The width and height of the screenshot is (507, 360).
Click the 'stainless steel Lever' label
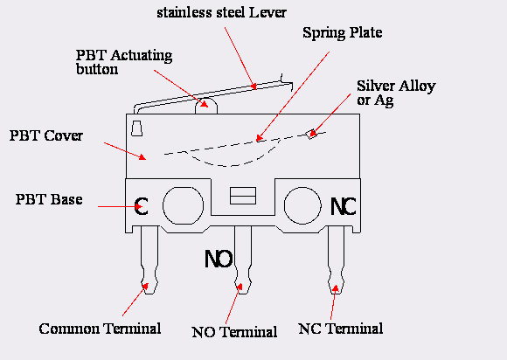221,12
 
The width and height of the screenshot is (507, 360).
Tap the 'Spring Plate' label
343,32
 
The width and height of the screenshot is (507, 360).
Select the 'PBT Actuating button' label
124,62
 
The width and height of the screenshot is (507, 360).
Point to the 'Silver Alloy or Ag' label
396,93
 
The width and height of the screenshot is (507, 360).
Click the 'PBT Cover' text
46,135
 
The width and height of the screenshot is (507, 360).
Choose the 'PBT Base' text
49,199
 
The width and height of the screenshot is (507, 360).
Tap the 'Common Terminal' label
100,329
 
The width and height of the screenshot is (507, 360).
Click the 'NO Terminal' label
234,332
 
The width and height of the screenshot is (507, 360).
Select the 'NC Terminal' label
341,329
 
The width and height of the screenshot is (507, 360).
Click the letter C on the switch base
141,206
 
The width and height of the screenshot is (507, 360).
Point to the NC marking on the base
343,206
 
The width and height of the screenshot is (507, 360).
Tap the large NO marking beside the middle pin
219,259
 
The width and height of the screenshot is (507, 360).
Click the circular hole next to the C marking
183,205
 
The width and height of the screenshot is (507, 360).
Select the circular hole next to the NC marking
302,205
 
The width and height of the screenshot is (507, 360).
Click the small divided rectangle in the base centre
243,196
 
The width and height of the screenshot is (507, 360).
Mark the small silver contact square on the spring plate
312,134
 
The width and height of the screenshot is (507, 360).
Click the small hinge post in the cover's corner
136,128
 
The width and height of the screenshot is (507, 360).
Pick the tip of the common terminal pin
149,293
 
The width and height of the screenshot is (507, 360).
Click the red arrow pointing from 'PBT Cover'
125,151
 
